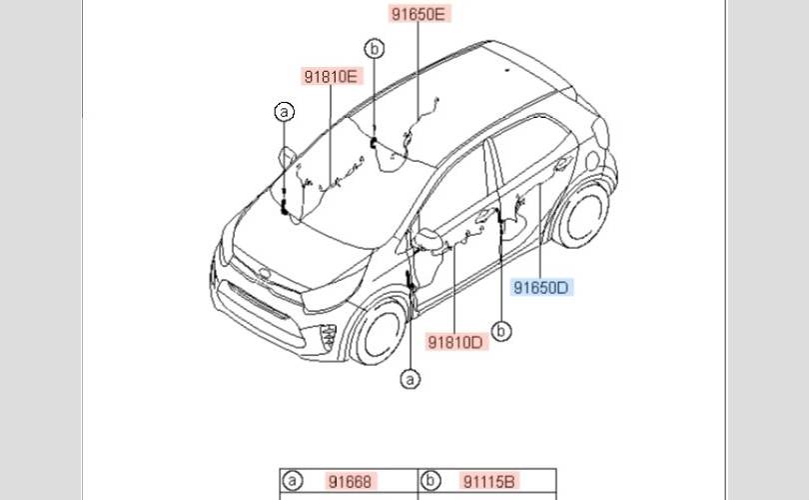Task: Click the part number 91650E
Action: tap(419, 14)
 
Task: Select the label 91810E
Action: tap(332, 76)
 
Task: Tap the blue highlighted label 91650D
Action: tap(541, 288)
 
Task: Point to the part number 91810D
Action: tap(455, 342)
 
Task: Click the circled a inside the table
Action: tap(293, 482)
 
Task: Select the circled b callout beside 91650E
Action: tap(375, 48)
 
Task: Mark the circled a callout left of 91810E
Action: tap(285, 112)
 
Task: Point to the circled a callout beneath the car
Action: tap(410, 378)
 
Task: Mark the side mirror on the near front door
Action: tap(429, 241)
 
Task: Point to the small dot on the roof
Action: tap(506, 71)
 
